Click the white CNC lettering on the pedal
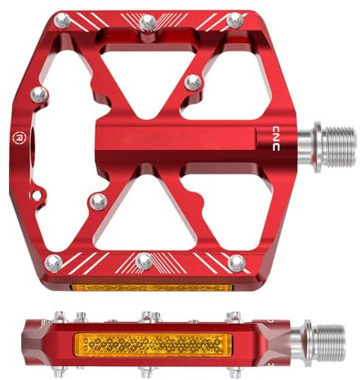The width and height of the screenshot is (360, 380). tap(276, 139)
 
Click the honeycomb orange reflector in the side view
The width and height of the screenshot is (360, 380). tap(153, 345)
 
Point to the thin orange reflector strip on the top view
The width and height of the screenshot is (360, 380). tap(151, 288)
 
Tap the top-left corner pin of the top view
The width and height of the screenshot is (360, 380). tap(62, 20)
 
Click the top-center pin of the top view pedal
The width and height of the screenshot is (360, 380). tap(148, 22)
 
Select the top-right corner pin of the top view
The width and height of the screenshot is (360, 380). tap(234, 20)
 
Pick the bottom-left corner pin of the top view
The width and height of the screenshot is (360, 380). tap(53, 263)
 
